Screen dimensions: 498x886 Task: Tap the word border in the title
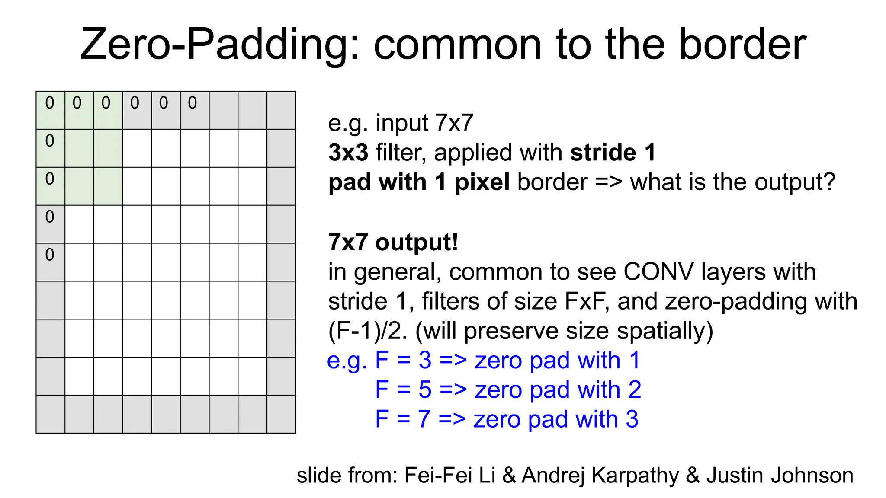[742, 45]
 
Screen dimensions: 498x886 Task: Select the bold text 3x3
[348, 153]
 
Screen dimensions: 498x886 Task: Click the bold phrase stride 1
[613, 153]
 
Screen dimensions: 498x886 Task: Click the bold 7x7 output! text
[393, 242]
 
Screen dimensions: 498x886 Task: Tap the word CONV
[658, 272]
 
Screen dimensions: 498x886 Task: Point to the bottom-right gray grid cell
[281, 414]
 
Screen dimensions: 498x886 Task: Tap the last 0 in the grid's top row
[193, 103]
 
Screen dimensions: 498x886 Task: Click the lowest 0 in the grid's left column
[50, 255]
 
